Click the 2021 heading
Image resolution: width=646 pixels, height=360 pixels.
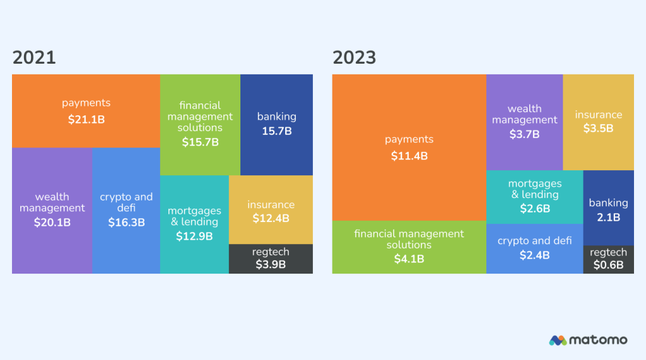click(x=34, y=58)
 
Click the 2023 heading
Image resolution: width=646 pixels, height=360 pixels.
click(x=355, y=58)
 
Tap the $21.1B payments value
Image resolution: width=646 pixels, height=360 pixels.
click(x=86, y=119)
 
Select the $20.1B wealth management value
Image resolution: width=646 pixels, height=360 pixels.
click(x=52, y=223)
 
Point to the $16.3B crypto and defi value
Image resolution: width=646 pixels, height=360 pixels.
click(x=126, y=223)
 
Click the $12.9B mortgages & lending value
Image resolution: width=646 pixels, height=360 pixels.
click(x=194, y=236)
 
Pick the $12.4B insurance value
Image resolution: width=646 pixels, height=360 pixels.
click(x=271, y=219)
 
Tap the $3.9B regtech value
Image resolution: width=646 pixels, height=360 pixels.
click(x=271, y=264)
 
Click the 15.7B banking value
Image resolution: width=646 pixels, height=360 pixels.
click(x=277, y=131)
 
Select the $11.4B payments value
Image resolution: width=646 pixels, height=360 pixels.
click(x=409, y=155)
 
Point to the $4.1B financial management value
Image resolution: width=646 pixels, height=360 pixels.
click(x=409, y=258)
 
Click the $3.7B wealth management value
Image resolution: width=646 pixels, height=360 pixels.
click(x=525, y=134)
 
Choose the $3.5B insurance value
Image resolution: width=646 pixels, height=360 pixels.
click(x=598, y=129)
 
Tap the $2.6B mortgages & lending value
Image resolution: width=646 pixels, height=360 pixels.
click(x=535, y=209)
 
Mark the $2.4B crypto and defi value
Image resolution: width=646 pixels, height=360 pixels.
click(x=535, y=255)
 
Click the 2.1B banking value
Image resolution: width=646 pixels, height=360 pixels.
click(x=608, y=217)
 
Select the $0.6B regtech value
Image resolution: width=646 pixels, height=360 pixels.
click(x=608, y=265)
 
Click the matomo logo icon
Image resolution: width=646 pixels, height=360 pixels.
click(x=557, y=340)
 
